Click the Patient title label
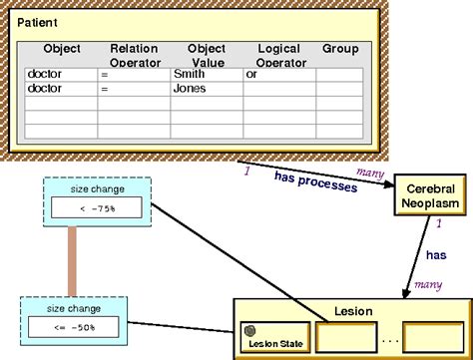(x=38, y=21)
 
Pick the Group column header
(x=339, y=48)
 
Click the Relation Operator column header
(x=134, y=55)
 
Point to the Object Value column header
(x=206, y=55)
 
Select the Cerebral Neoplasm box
(x=431, y=195)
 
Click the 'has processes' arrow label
(x=315, y=180)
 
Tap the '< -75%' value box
(x=98, y=207)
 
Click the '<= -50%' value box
(x=74, y=327)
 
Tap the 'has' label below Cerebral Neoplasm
(x=435, y=255)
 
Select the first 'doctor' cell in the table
(x=46, y=74)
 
